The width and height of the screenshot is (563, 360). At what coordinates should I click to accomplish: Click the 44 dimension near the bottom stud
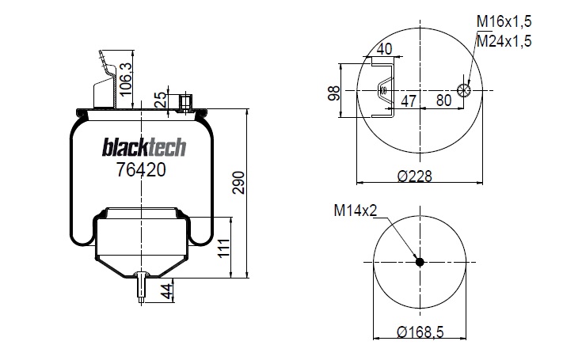[166, 290]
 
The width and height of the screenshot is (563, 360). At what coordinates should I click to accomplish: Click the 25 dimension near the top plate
[162, 100]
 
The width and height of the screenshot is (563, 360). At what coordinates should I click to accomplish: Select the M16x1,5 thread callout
[504, 22]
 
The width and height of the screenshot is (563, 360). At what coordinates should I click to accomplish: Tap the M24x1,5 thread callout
[504, 40]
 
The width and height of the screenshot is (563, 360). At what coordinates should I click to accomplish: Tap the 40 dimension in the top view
[385, 49]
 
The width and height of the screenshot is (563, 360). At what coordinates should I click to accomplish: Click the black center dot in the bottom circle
[420, 263]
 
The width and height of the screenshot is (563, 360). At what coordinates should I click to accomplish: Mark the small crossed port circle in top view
[465, 90]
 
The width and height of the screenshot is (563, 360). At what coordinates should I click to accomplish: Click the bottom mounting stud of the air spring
[141, 286]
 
